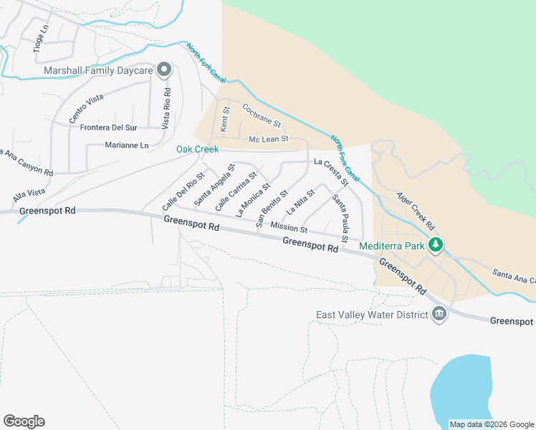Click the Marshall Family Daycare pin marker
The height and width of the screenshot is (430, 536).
(164, 70)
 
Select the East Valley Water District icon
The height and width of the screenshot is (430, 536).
(439, 313)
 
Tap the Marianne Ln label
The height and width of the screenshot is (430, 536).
(127, 145)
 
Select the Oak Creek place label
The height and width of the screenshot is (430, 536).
(197, 149)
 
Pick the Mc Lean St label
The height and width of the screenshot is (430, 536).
(268, 139)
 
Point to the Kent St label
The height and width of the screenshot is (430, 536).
(224, 118)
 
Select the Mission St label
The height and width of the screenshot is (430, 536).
(289, 229)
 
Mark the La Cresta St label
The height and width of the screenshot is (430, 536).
(331, 172)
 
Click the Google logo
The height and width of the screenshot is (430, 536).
(24, 421)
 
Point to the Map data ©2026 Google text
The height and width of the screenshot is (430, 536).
(491, 424)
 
